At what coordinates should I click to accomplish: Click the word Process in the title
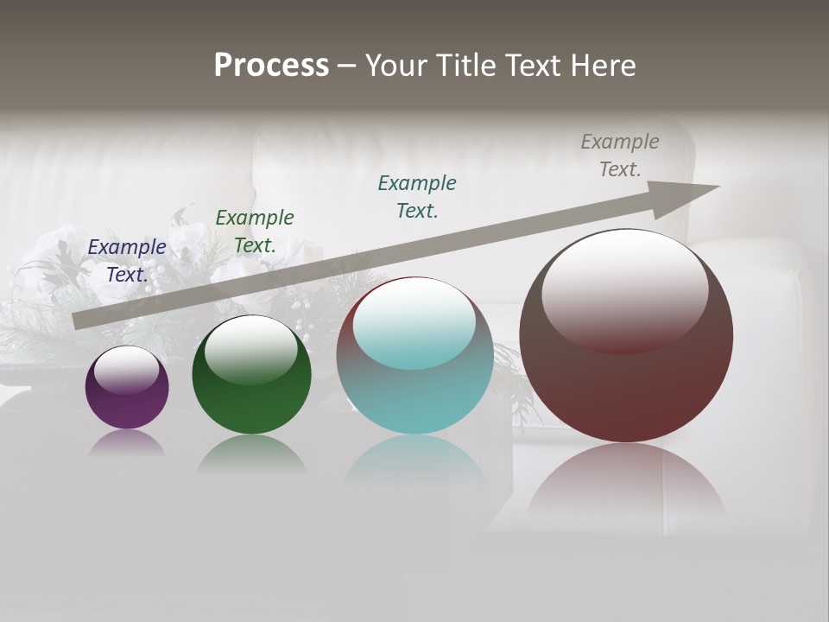coord(271,66)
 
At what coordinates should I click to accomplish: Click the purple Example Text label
coord(127,260)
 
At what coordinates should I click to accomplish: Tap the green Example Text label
coord(255,231)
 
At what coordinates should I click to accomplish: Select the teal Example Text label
coord(417,196)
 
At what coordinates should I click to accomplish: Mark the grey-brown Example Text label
coord(620,155)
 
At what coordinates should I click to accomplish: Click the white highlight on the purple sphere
coord(127,370)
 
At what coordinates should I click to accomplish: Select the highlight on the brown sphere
coord(624,289)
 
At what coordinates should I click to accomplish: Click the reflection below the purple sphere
coord(127,444)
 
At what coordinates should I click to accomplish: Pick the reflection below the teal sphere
coord(414,466)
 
